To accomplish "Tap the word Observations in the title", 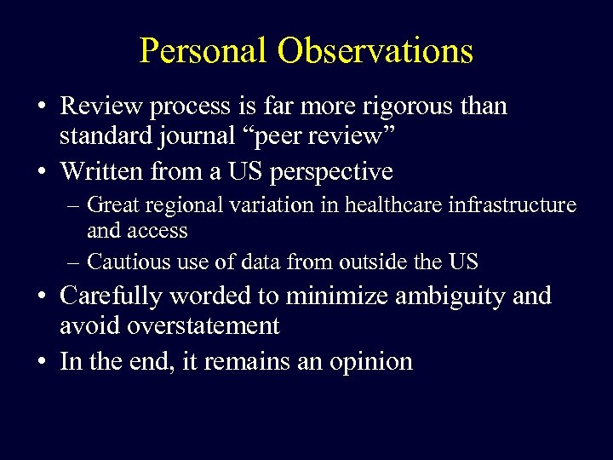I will pos(375,51).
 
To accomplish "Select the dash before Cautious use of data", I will pos(76,260).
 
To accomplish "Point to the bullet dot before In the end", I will pos(41,362).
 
